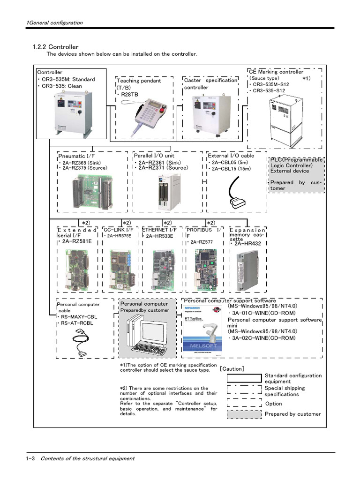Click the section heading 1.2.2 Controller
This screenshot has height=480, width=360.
click(55, 47)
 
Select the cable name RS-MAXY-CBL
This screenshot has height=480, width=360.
click(77, 317)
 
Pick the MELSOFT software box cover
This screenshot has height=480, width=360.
click(202, 328)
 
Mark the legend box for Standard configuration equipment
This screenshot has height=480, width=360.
click(244, 378)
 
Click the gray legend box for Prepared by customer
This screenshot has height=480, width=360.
click(244, 414)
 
